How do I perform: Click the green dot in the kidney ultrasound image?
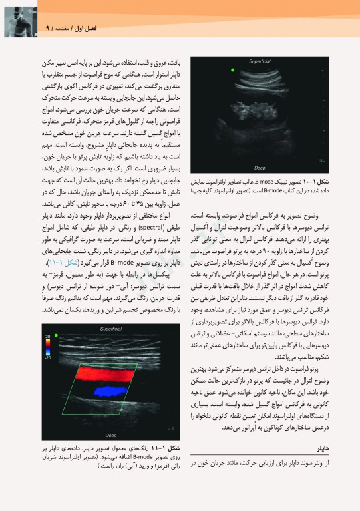click(234, 69)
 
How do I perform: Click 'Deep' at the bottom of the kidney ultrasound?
click(260, 168)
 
